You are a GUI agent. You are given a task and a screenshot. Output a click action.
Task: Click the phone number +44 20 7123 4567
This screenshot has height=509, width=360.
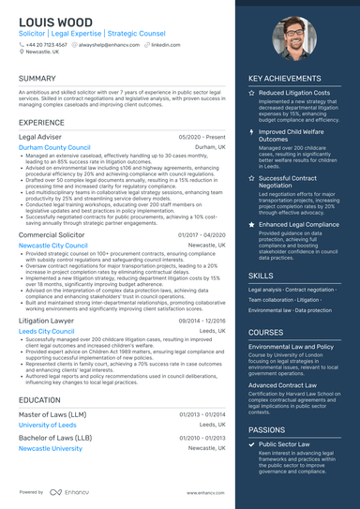(x=47, y=44)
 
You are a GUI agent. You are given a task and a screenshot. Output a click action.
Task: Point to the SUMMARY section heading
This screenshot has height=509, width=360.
(x=37, y=79)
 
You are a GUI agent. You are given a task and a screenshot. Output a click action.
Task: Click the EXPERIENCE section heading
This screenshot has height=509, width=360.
(x=42, y=123)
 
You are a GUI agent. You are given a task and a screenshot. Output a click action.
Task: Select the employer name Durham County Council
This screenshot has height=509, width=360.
(x=54, y=147)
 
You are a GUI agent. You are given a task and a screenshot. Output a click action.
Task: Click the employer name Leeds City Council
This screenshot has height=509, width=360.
(x=48, y=331)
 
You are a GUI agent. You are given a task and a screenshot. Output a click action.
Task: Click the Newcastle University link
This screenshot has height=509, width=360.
(x=51, y=448)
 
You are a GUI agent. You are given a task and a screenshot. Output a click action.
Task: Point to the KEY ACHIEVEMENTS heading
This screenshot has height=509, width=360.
(x=292, y=79)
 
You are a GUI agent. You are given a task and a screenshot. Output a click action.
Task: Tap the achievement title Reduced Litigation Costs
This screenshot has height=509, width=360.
(x=294, y=94)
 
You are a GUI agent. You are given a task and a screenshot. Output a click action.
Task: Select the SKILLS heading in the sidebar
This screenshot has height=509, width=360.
(x=262, y=276)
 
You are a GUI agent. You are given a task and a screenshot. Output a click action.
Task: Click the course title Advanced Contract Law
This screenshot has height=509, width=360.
(x=282, y=384)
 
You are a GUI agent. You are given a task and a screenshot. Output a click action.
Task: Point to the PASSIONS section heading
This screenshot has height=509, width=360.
(x=267, y=429)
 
